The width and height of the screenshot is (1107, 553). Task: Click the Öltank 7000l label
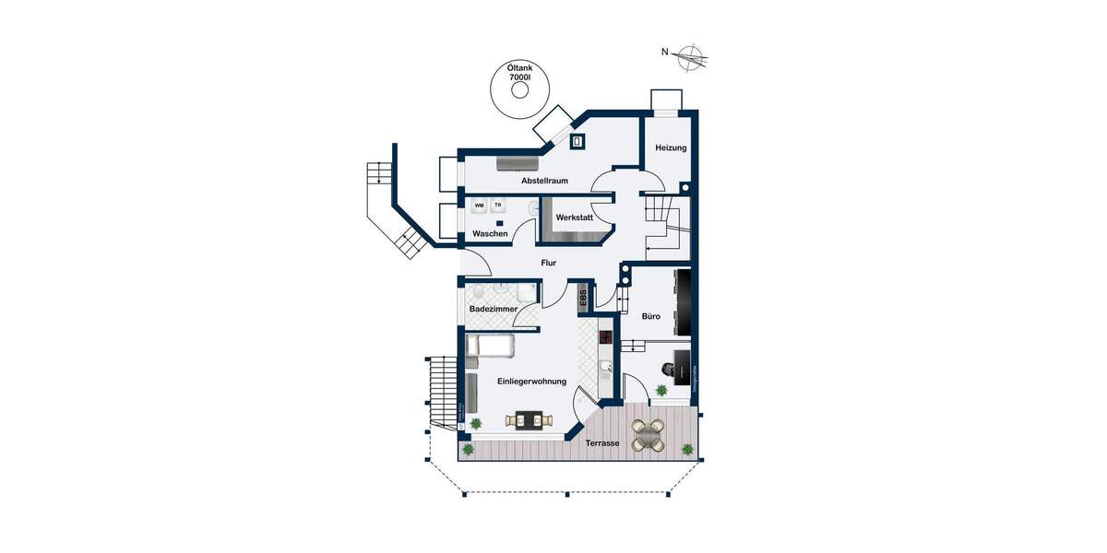coord(520,74)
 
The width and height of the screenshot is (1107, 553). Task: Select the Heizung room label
coord(671,148)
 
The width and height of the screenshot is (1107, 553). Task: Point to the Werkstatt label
coord(573,218)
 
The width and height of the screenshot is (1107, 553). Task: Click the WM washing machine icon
coord(479,206)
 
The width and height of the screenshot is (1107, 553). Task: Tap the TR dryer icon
coord(498,205)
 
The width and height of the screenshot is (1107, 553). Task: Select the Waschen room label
coord(490,234)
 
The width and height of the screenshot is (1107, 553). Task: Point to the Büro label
coord(651,316)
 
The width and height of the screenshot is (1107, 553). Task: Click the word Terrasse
coord(602,443)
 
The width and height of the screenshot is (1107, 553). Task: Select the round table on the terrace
coord(649,434)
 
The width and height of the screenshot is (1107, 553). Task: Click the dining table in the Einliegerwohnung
coord(529,421)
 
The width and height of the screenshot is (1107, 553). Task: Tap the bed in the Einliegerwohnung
coord(490,346)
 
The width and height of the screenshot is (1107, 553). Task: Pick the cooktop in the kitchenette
coord(606,338)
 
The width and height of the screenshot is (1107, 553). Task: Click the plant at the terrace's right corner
coord(687,449)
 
